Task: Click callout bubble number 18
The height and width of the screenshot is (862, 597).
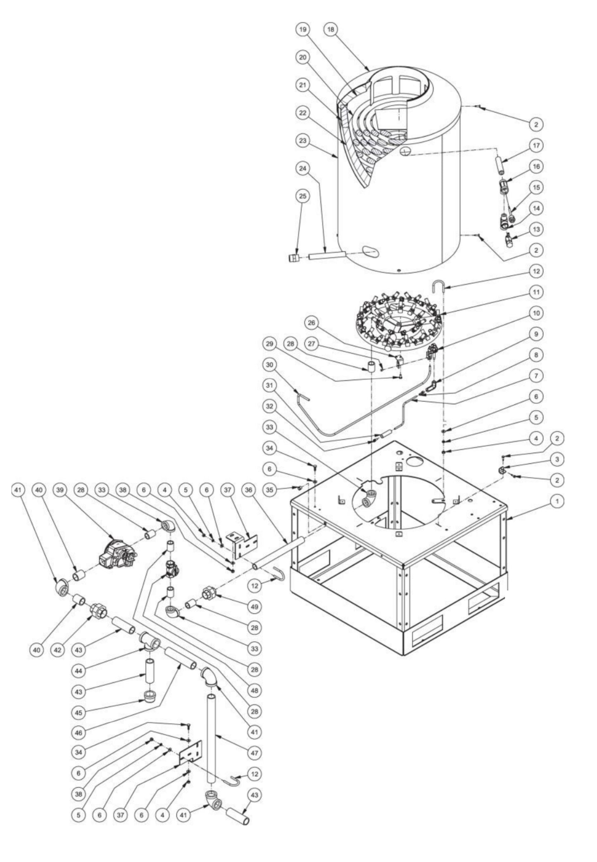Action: (x=331, y=30)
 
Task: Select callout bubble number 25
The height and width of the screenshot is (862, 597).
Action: (x=303, y=196)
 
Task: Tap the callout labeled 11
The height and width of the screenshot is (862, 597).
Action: (x=536, y=292)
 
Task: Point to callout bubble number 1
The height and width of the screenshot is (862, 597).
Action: (x=557, y=501)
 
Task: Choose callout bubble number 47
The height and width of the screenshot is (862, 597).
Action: (x=254, y=753)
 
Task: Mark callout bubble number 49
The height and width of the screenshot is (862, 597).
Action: (x=254, y=607)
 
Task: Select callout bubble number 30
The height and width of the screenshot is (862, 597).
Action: (x=270, y=365)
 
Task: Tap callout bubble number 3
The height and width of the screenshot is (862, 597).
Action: (x=557, y=459)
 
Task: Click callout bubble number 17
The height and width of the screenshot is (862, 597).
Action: (x=536, y=145)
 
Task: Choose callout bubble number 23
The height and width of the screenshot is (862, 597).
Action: (x=303, y=140)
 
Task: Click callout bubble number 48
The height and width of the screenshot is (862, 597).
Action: (x=254, y=690)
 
